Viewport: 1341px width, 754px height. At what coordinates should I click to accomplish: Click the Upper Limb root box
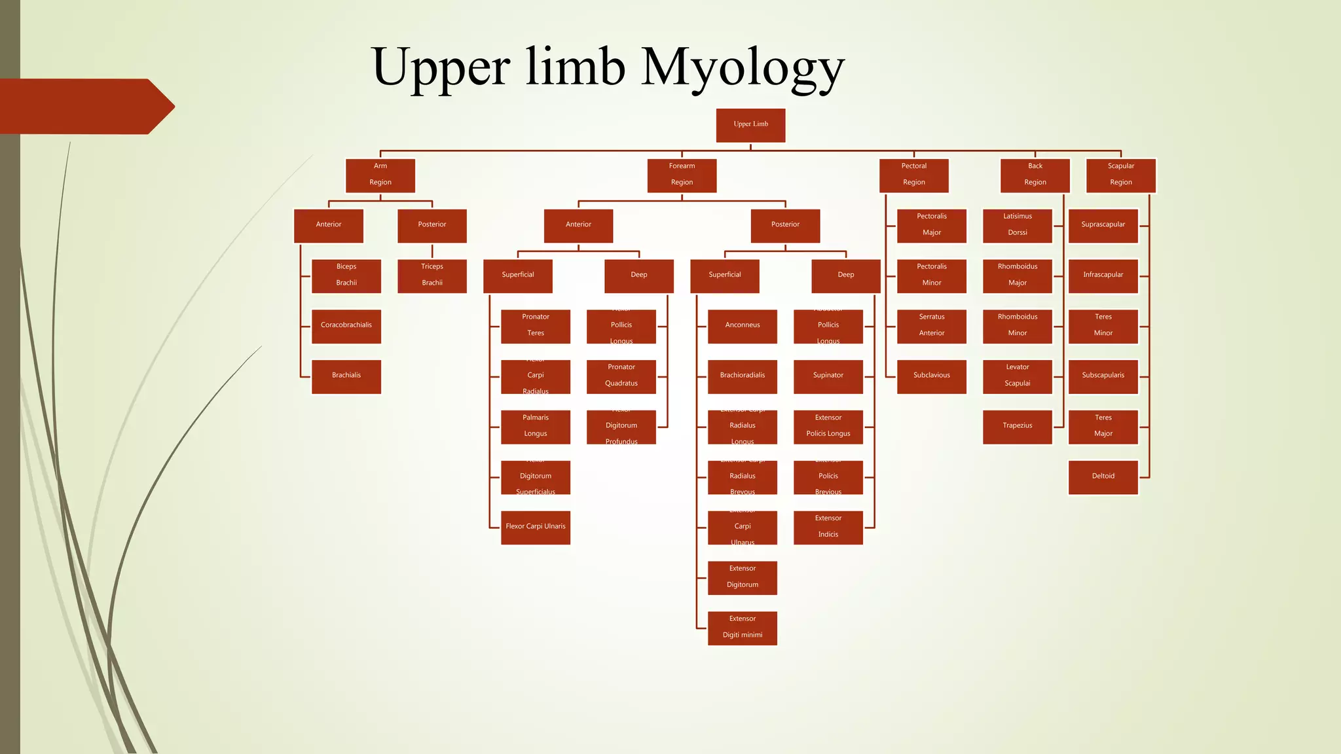click(750, 125)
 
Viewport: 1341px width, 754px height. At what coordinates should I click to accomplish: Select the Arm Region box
click(380, 175)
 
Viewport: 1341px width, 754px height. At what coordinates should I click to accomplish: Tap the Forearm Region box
click(682, 175)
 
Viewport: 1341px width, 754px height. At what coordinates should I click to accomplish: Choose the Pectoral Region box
click(913, 175)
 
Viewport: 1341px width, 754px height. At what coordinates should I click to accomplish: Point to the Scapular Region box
click(1120, 175)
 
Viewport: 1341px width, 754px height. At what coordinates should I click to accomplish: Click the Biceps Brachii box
click(346, 276)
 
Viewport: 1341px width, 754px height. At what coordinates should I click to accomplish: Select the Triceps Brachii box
click(432, 276)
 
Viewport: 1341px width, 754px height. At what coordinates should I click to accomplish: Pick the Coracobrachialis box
click(346, 326)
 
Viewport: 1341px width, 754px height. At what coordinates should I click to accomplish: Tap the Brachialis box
click(346, 376)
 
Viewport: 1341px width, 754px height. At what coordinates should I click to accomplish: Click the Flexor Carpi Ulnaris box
click(535, 527)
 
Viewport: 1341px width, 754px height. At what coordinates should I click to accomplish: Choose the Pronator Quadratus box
click(621, 376)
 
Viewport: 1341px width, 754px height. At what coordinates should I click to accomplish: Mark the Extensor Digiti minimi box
click(742, 628)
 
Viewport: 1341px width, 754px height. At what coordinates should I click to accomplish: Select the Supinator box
click(828, 376)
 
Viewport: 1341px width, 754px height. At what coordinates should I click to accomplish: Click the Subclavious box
click(931, 376)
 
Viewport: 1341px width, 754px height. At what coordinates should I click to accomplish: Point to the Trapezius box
click(1017, 427)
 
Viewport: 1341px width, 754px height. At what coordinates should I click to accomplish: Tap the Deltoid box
click(1103, 477)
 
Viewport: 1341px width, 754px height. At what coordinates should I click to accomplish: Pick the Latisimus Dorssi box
click(1017, 226)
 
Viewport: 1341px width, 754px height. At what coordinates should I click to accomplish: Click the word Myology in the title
click(743, 67)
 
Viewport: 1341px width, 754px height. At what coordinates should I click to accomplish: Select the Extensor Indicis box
click(828, 527)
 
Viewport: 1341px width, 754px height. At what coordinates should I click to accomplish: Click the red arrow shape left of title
click(85, 106)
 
